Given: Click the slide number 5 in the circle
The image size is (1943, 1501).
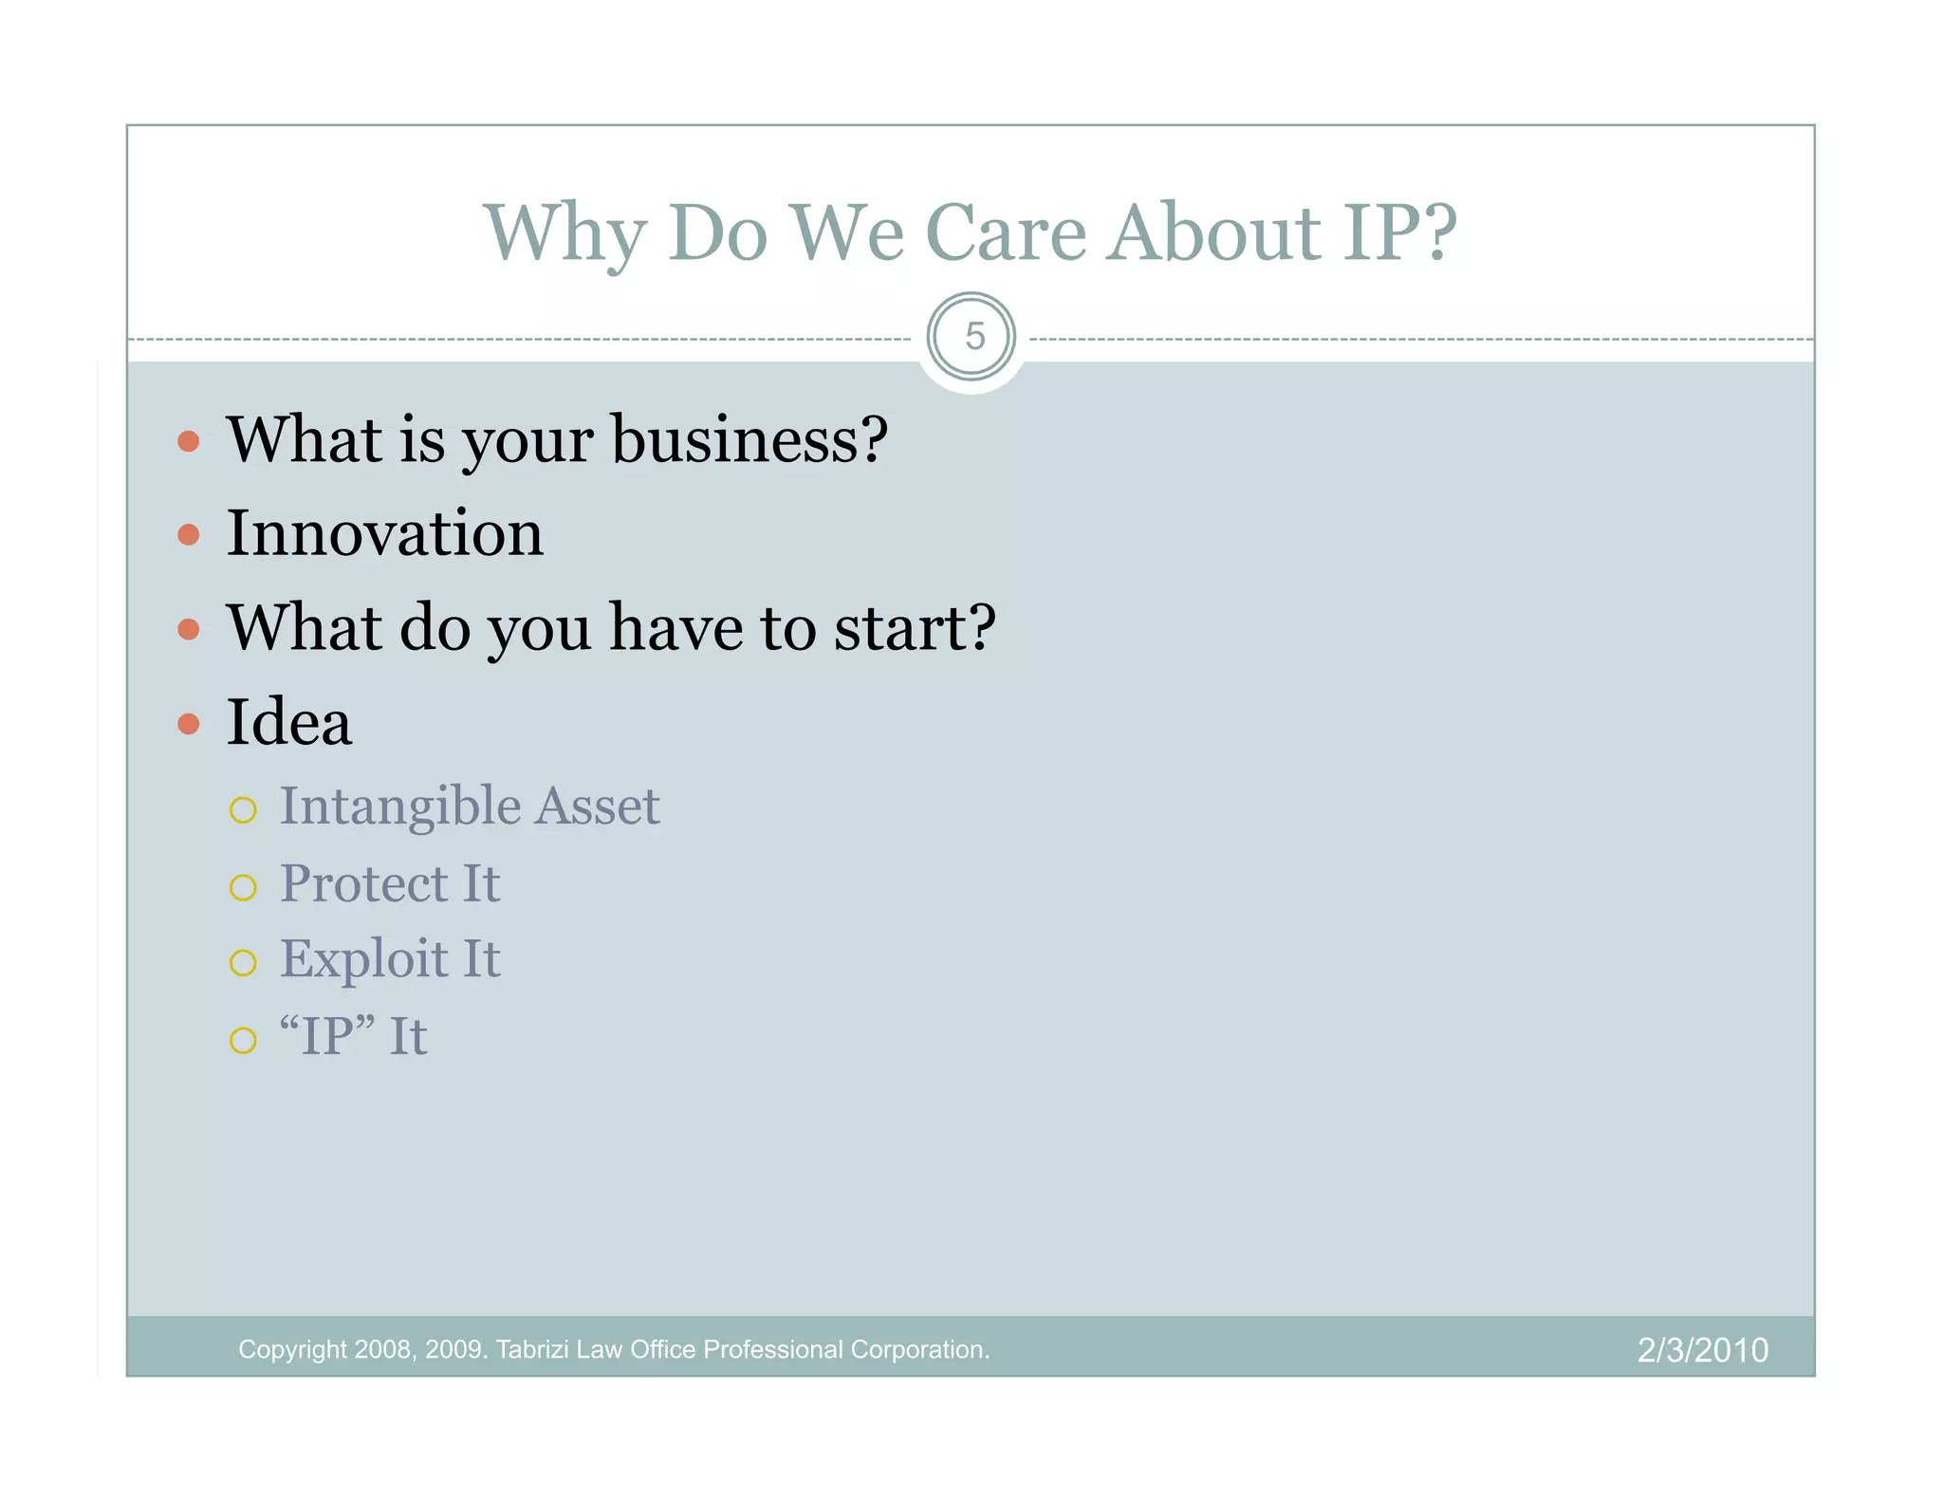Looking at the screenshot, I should pyautogui.click(x=973, y=337).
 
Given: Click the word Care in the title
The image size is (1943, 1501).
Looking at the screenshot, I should pyautogui.click(x=1005, y=233).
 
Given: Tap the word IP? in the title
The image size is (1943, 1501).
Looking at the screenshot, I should pyautogui.click(x=1399, y=233).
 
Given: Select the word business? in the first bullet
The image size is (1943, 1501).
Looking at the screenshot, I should pyautogui.click(x=749, y=441).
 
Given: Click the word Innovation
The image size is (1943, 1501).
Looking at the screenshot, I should pyautogui.click(x=384, y=533).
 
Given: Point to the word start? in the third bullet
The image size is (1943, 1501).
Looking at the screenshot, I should pyautogui.click(x=915, y=628).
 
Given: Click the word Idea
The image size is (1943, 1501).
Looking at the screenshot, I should pyautogui.click(x=288, y=723).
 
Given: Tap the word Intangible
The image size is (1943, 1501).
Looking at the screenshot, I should pyautogui.click(x=399, y=808).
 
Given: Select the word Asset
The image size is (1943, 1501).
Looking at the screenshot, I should pyautogui.click(x=597, y=806).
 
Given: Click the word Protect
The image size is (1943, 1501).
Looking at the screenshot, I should pyautogui.click(x=363, y=884).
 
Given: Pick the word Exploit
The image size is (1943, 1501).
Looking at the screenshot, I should pyautogui.click(x=363, y=959).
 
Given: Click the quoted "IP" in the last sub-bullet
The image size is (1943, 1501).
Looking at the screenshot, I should pyautogui.click(x=327, y=1035).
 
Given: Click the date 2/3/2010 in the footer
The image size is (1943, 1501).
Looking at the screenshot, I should pyautogui.click(x=1702, y=1350).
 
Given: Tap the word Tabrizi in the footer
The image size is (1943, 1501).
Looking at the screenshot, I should pyautogui.click(x=531, y=1350).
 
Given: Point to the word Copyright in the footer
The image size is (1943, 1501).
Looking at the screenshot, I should pyautogui.click(x=292, y=1350).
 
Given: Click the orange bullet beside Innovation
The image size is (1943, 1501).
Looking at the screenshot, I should pyautogui.click(x=189, y=535).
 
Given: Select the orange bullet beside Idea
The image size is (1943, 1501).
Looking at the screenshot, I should pyautogui.click(x=189, y=725).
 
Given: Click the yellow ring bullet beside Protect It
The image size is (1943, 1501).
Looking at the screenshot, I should pyautogui.click(x=243, y=888).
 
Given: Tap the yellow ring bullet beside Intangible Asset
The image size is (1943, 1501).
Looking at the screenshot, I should pyautogui.click(x=243, y=810).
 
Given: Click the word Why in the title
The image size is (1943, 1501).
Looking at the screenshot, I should pyautogui.click(x=564, y=235).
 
